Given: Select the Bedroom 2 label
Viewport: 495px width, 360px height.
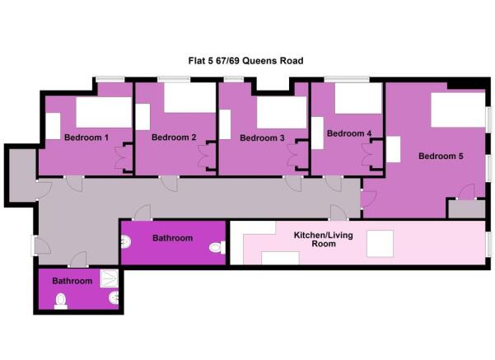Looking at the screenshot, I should tap(174, 138).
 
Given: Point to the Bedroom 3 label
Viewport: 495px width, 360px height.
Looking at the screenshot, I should tap(262, 138).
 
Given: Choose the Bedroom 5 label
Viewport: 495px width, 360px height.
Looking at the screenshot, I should tap(441, 156).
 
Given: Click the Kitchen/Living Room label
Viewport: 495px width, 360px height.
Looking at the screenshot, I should tap(315, 240).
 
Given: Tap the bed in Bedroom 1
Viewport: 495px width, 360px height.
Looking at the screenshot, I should tap(104, 111).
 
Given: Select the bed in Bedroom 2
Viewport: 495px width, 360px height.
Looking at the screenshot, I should tap(189, 98).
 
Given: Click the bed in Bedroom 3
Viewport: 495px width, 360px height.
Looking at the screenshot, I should tap(281, 112).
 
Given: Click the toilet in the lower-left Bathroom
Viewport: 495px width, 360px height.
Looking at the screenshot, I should tap(60, 302).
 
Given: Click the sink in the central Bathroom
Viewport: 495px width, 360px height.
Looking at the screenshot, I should tap(126, 242).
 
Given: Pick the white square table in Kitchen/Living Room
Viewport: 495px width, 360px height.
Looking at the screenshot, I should tap(382, 244).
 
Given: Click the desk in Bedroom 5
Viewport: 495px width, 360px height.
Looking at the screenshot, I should tap(394, 149).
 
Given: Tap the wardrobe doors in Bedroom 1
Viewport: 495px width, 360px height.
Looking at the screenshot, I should tap(126, 156).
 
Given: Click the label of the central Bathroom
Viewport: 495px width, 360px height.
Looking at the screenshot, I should tap(172, 238).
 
